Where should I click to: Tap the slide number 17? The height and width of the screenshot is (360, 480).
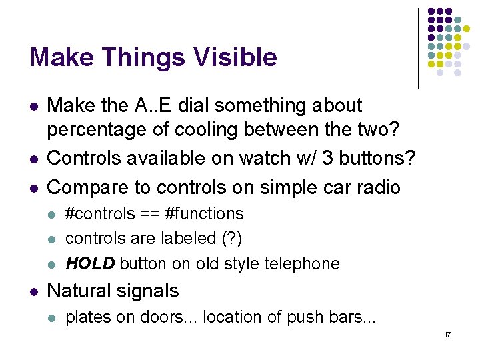coord(447,333)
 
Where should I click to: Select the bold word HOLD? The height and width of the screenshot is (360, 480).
coord(90,263)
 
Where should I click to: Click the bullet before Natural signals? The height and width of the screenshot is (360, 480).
coord(33,291)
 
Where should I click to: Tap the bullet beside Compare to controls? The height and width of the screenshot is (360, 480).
coord(33,188)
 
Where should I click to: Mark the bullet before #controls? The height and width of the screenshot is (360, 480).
coord(53,215)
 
